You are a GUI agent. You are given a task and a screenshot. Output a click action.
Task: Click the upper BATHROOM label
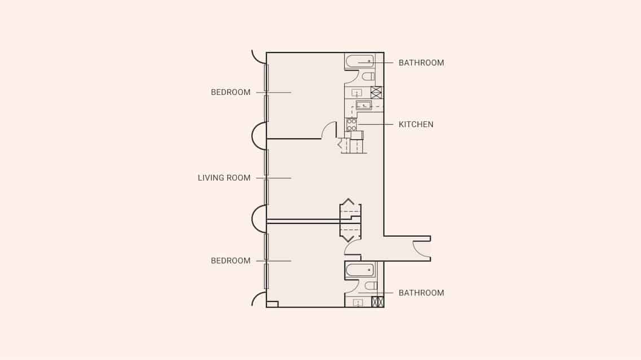coord(421,63)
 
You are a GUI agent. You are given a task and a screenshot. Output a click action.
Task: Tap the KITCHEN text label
coord(416,124)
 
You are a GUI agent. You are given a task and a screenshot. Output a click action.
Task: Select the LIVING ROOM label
coord(224,178)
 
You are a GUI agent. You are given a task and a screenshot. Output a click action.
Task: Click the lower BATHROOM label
coord(421,293)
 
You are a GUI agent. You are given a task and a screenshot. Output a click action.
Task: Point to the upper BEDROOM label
coord(230,92)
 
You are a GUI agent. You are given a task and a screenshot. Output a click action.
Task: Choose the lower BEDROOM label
coord(230,261)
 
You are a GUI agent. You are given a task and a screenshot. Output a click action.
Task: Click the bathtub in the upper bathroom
coord(359,61)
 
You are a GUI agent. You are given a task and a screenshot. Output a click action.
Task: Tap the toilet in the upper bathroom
coord(368,76)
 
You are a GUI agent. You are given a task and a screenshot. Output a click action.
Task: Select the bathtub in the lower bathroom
coord(360,270)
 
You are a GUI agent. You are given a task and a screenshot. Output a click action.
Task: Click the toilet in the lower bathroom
coord(370,286)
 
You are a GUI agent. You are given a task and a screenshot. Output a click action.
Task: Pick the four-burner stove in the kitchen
coord(351,125)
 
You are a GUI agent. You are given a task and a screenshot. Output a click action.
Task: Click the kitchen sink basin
coord(363,105)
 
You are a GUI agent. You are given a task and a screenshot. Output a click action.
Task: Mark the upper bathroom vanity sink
coord(357,93)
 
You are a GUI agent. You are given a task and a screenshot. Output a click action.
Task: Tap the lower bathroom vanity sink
coord(357,302)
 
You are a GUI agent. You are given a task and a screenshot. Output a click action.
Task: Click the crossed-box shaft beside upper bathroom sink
coord(376,93)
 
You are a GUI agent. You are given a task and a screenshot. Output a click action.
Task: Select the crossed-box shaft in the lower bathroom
coord(377,302)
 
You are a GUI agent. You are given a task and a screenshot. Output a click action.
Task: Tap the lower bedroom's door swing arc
coord(353,247)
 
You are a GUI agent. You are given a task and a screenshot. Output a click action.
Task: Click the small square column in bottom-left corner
coord(272,304)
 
